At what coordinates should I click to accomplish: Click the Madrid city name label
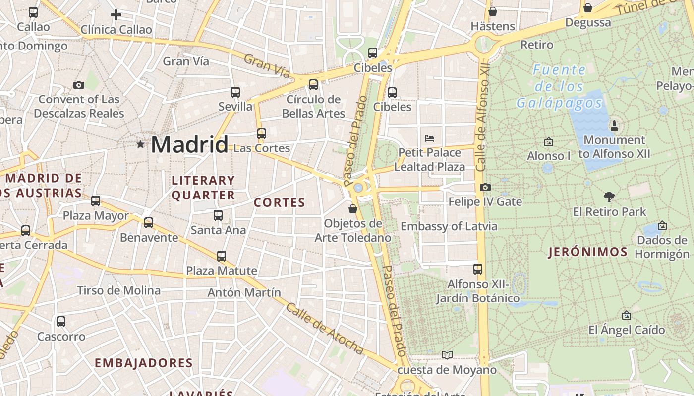click(x=189, y=145)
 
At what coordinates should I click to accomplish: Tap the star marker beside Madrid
click(x=141, y=144)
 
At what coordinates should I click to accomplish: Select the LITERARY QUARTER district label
click(x=203, y=188)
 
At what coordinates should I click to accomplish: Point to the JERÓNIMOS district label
click(x=588, y=252)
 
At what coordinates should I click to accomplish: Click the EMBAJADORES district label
click(x=143, y=363)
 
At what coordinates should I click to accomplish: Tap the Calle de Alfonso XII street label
click(x=482, y=117)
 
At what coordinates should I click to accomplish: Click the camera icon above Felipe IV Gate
click(x=485, y=187)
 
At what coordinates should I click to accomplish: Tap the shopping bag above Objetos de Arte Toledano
click(x=353, y=209)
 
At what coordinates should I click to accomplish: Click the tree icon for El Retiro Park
click(x=609, y=197)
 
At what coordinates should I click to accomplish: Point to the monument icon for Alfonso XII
click(x=614, y=125)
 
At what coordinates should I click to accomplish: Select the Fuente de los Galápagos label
click(x=559, y=86)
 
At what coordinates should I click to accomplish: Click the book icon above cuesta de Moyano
click(x=447, y=355)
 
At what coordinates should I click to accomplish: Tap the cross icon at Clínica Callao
click(x=116, y=15)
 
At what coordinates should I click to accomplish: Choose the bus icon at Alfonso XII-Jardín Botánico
click(x=478, y=269)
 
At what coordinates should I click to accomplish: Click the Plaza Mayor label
click(x=96, y=216)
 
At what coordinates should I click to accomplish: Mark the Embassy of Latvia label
click(x=449, y=226)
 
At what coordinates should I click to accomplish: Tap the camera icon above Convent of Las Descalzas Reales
click(x=79, y=85)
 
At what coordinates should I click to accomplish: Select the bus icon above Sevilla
click(x=235, y=92)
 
